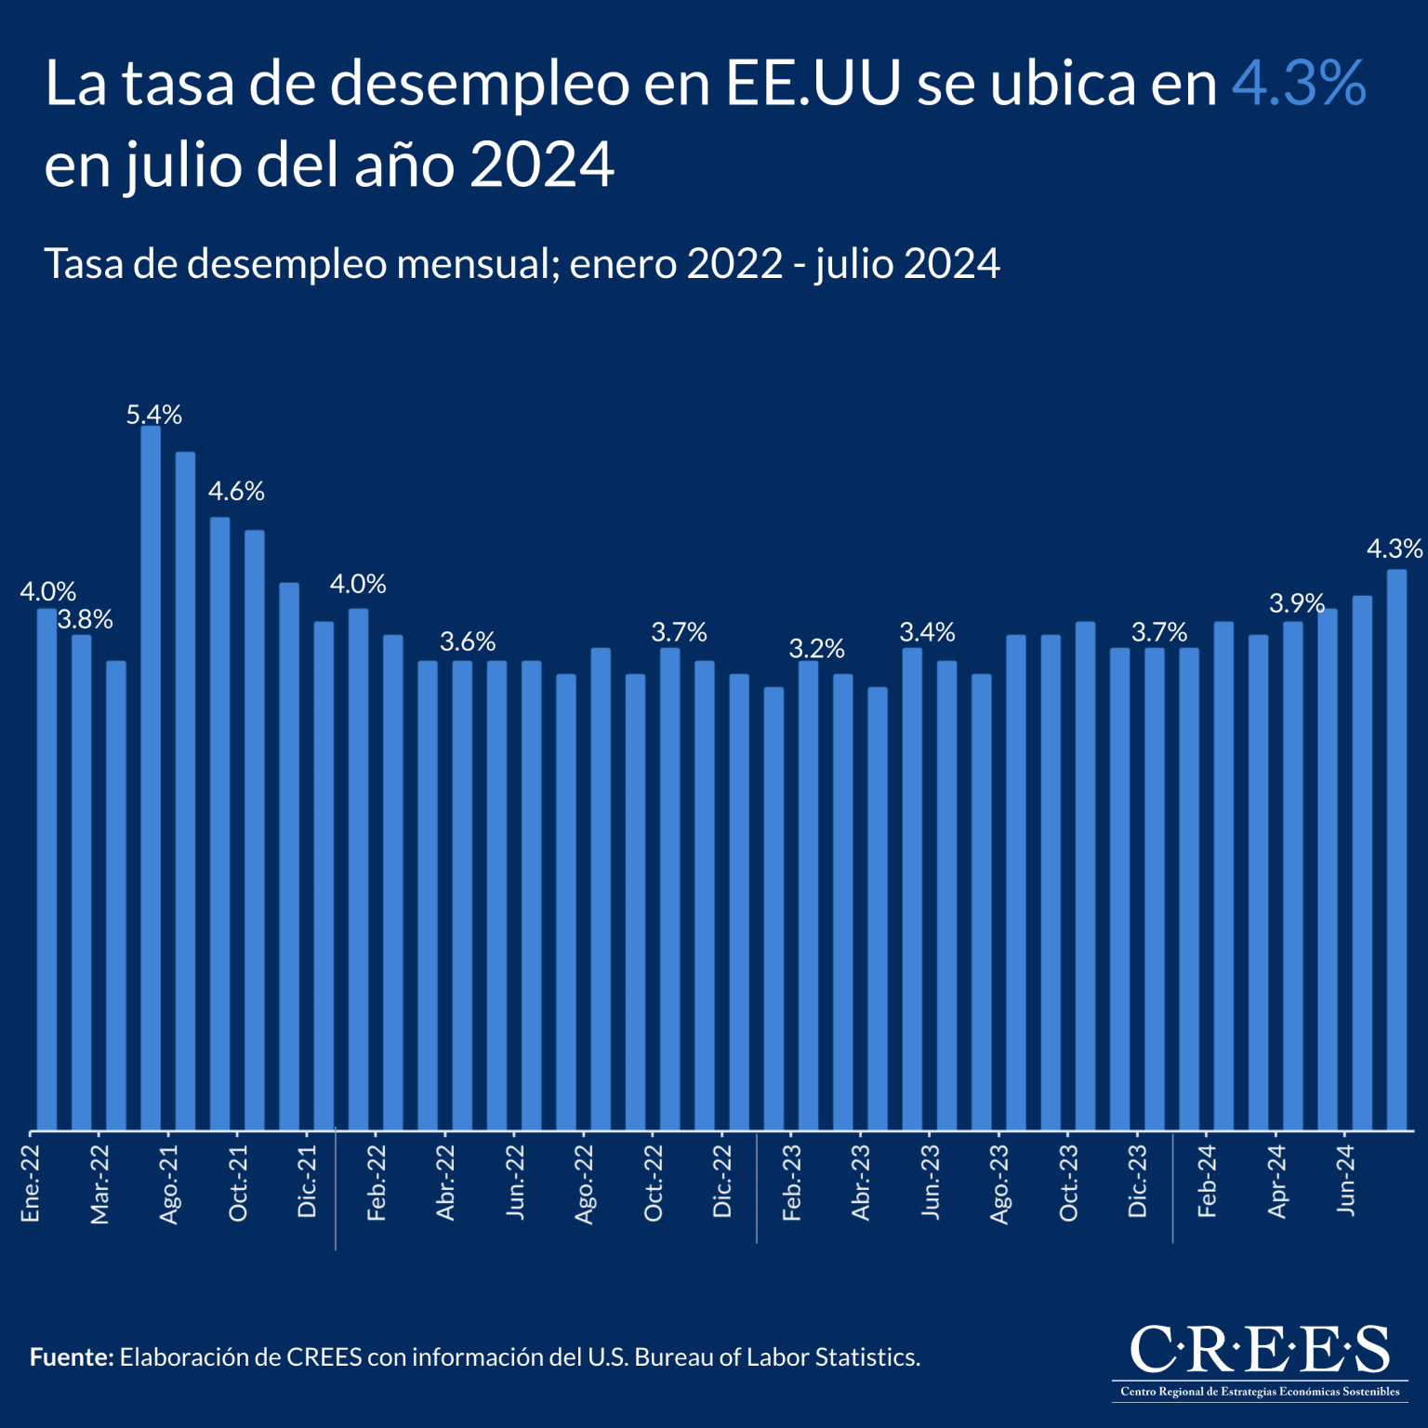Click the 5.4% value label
point(154,415)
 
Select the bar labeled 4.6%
point(219,823)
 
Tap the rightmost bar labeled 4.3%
point(1396,850)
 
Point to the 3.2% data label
point(816,648)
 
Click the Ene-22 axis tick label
point(31,1183)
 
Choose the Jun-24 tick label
point(1345,1180)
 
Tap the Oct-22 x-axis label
point(654,1183)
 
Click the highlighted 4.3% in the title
point(1298,84)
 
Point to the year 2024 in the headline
point(541,165)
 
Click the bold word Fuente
point(71,1357)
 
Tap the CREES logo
point(1260,1359)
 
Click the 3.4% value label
point(927,632)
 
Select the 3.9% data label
point(1296,603)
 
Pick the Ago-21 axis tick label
point(169,1183)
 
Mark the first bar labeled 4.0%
point(46,869)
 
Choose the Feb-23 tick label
point(791,1182)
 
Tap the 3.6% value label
point(468,641)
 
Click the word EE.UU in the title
point(813,84)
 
